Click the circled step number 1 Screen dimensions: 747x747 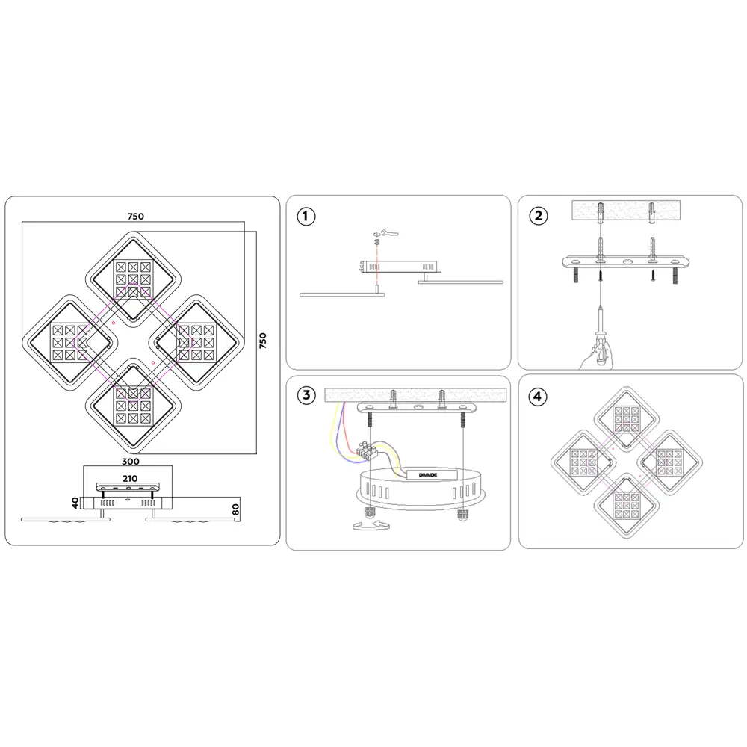tap(306, 217)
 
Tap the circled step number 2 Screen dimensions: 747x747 tap(539, 216)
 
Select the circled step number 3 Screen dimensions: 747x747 tap(306, 395)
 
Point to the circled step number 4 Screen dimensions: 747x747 tap(538, 397)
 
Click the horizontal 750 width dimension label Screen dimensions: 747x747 tap(136, 217)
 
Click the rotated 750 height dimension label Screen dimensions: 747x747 tap(262, 341)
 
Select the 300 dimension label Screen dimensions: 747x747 tap(131, 461)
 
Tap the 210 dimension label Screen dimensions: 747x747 tap(130, 478)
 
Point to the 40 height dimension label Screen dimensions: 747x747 tap(75, 503)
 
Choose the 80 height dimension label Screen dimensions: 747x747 tap(235, 509)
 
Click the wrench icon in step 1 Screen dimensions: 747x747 tap(386, 233)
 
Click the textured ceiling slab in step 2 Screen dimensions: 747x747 tap(626, 211)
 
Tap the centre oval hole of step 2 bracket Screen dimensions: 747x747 tap(626, 261)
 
